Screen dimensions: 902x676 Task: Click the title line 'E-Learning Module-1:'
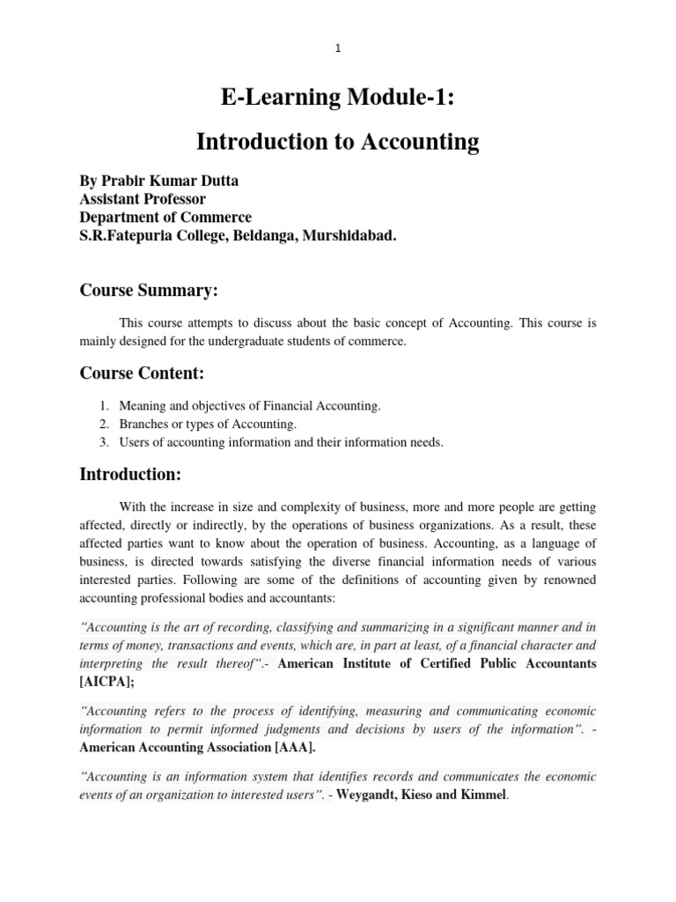tap(338, 98)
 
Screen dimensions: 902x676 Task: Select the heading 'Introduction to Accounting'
tap(338, 141)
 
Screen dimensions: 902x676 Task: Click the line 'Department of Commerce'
tap(165, 218)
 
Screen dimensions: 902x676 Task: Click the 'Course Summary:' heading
tap(149, 290)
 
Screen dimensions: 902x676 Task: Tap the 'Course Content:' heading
tap(142, 373)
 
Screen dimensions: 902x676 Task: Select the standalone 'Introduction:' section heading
tap(130, 475)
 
